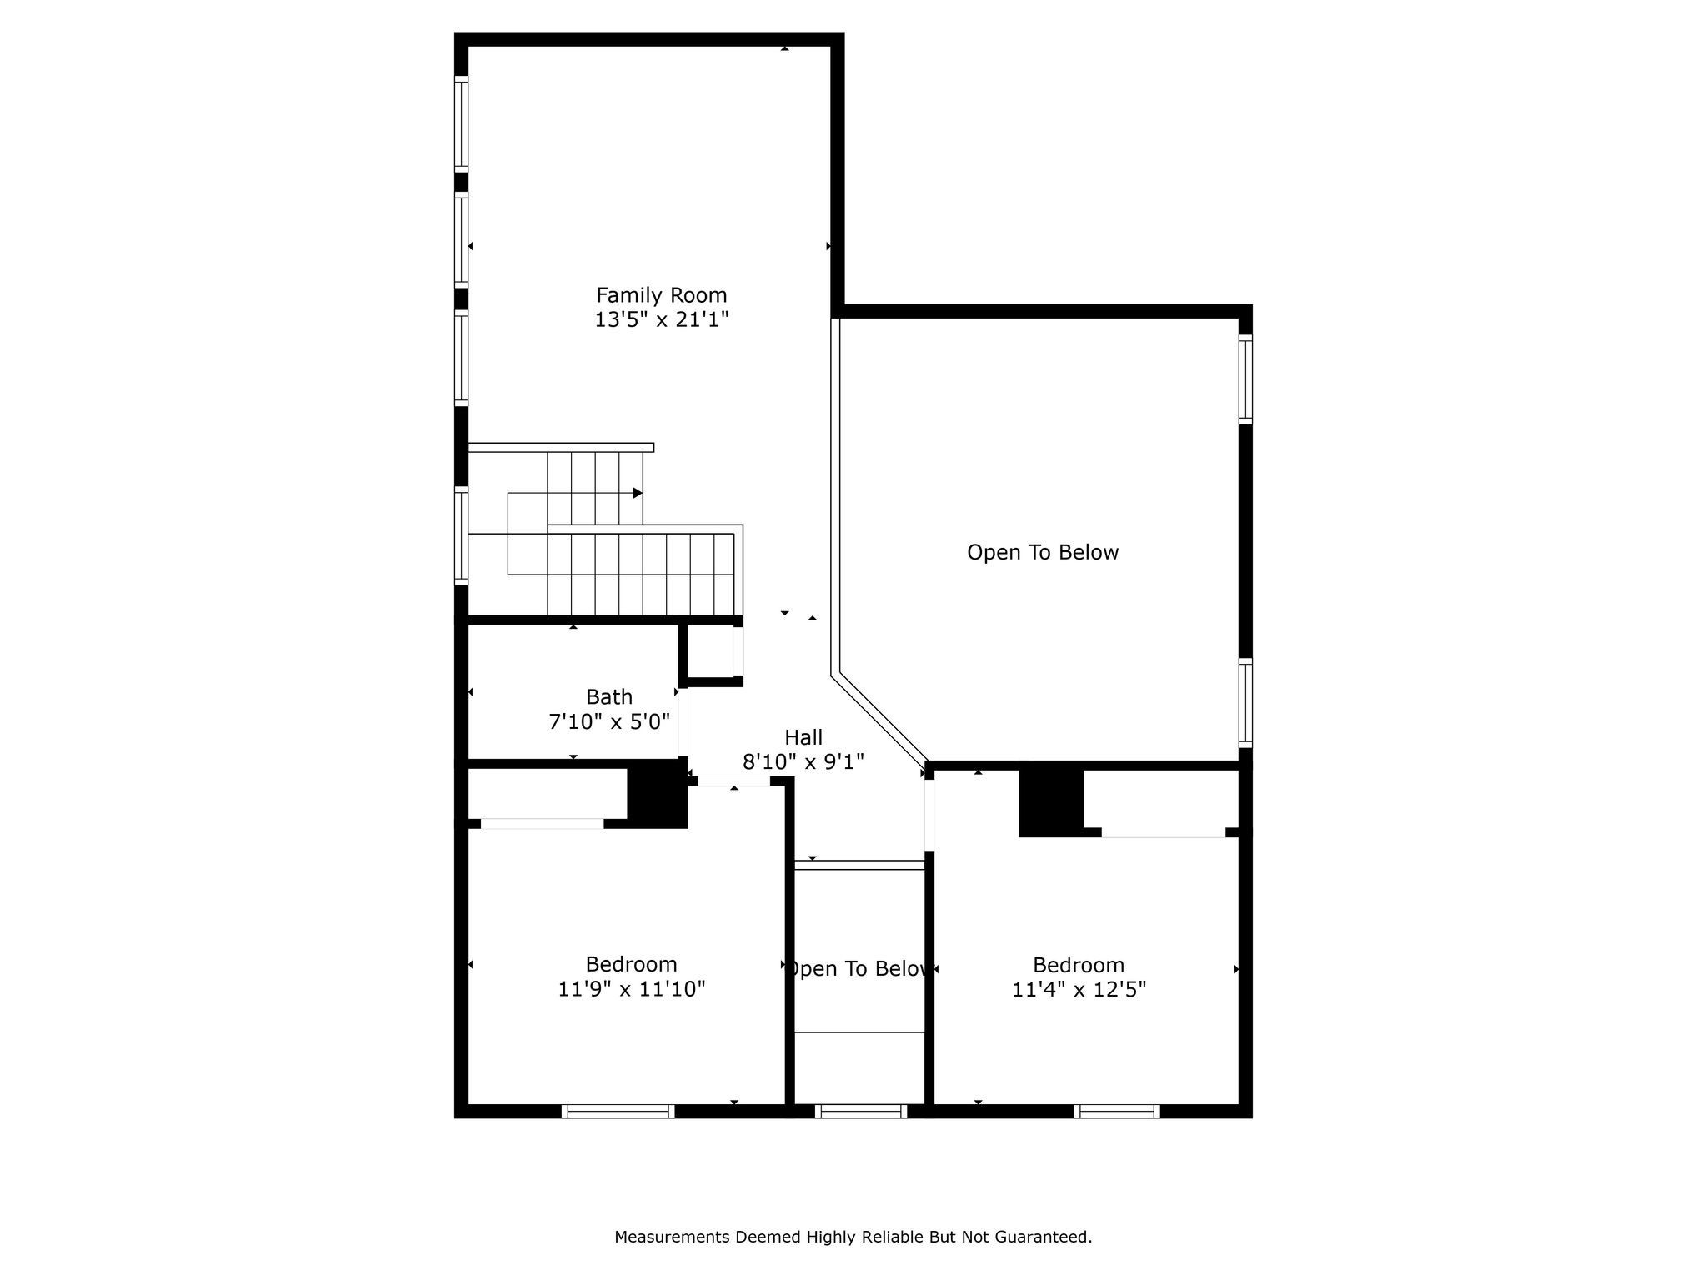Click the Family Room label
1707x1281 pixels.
point(661,295)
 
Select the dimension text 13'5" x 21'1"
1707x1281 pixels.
point(661,319)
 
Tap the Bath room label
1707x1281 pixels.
point(608,696)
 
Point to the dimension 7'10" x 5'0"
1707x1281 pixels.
point(608,721)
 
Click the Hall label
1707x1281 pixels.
point(803,737)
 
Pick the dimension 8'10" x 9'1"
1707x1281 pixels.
point(803,761)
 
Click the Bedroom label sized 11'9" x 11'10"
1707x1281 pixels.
point(631,964)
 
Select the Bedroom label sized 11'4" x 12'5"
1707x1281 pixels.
point(1079,965)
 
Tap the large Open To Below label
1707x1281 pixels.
point(1043,552)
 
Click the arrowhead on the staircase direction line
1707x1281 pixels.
point(638,493)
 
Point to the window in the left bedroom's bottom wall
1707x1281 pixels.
point(618,1111)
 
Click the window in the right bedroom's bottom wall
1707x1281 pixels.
point(1117,1111)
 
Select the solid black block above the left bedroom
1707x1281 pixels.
point(657,798)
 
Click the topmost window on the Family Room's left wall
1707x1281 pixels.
point(461,123)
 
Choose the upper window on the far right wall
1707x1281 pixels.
point(1245,379)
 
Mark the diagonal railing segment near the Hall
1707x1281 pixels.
point(880,719)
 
